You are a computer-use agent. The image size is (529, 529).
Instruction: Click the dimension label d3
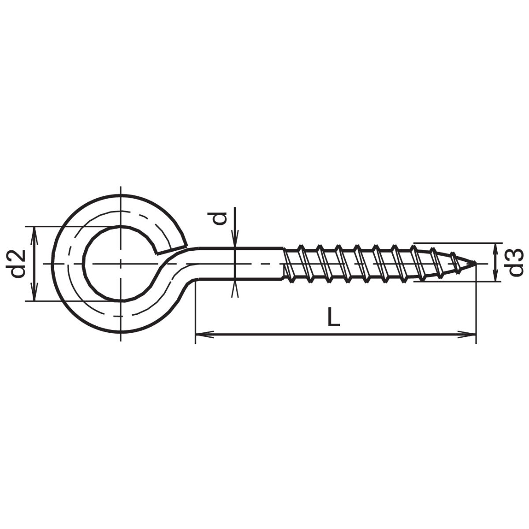tap(516, 262)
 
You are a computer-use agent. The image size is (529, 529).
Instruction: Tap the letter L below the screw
tap(334, 317)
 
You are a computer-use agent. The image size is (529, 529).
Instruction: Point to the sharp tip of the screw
tap(475, 263)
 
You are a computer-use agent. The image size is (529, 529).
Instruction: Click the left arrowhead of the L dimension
tap(204, 334)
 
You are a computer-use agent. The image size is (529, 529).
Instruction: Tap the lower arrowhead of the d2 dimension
tap(34, 292)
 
